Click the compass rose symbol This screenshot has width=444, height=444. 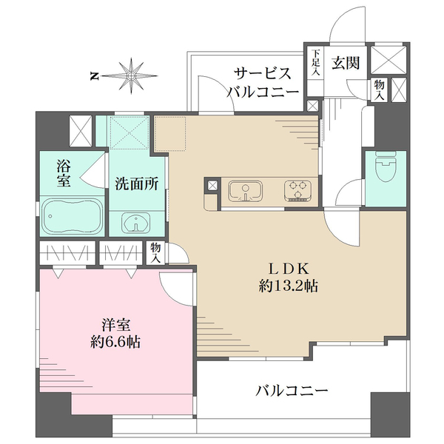coord(131,76)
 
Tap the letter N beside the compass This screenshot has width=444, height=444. coord(94,76)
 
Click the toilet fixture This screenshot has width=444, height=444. coord(386,168)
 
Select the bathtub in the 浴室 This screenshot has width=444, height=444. coord(73,216)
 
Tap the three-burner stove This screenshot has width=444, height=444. coord(298,191)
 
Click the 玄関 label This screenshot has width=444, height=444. coord(346,63)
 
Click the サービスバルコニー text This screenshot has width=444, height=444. coord(263,82)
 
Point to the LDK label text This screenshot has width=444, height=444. coord(289,269)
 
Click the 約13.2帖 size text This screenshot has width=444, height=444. coord(289,286)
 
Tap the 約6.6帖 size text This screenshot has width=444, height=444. coord(116,342)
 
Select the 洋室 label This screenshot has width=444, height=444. coord(116,325)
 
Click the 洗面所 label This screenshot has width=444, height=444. coord(136,184)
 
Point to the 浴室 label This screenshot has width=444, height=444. coord(64,173)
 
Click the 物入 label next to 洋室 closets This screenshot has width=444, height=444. coord(155,252)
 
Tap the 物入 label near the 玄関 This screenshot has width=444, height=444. coord(379,90)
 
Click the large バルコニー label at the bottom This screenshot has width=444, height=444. coord(292,391)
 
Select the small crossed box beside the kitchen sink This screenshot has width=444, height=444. coord(212,186)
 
